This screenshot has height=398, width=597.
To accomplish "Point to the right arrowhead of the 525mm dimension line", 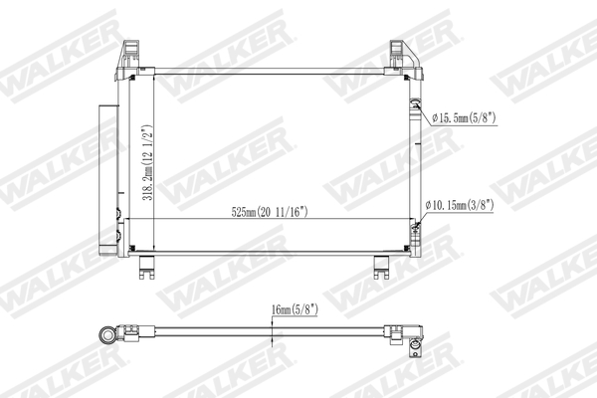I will pyautogui.click(x=411, y=219).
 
